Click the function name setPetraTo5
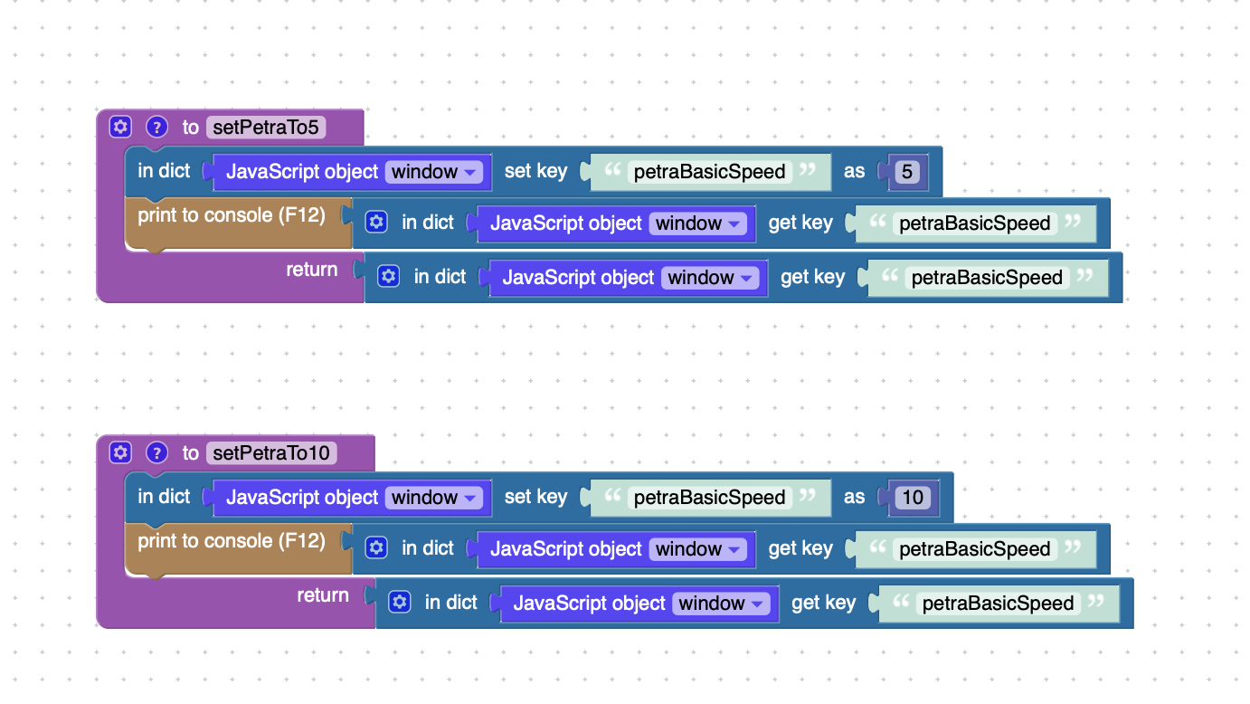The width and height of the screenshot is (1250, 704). pos(266,128)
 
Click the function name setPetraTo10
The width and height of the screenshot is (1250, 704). pos(271,452)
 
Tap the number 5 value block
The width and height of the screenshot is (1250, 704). pos(907,171)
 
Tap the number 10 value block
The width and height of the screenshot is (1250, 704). pos(913,497)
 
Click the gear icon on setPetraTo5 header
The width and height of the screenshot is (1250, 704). pos(120,127)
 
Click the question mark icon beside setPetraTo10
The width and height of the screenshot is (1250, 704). pos(156,452)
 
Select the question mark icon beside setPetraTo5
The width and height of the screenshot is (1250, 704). pos(156,128)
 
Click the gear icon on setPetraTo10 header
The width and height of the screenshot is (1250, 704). pos(120,452)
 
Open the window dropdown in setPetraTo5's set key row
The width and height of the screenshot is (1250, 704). pos(433,171)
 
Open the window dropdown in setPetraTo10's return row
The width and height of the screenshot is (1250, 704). pos(721,603)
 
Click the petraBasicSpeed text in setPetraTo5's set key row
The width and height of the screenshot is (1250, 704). pos(709,171)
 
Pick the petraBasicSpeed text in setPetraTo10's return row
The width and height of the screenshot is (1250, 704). pos(998,603)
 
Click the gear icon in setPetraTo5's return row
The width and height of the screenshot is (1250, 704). pos(388,276)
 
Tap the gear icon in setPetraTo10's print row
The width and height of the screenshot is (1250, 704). pos(376,547)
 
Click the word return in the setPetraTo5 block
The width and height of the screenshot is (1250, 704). pos(312,270)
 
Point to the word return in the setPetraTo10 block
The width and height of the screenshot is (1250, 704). pos(323,595)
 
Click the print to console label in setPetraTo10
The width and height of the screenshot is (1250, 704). pos(232,541)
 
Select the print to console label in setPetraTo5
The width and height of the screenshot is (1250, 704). pos(232,215)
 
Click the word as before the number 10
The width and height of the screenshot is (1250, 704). pos(854,497)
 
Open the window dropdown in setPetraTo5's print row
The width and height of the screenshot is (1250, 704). pos(697,224)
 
